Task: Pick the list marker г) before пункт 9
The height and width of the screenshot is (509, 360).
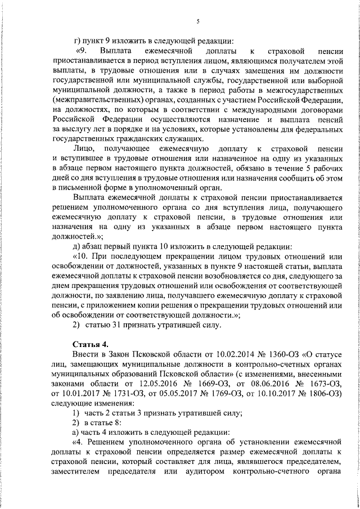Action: click(x=78, y=41)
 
